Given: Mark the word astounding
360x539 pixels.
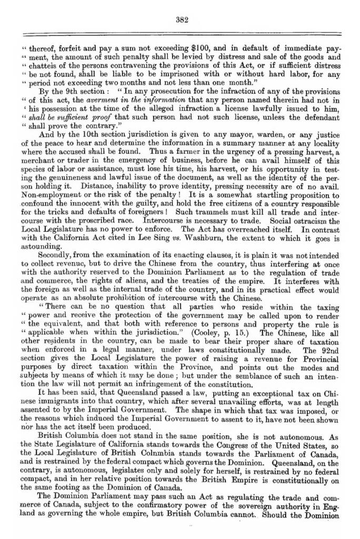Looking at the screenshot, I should pyautogui.click(x=36, y=245).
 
